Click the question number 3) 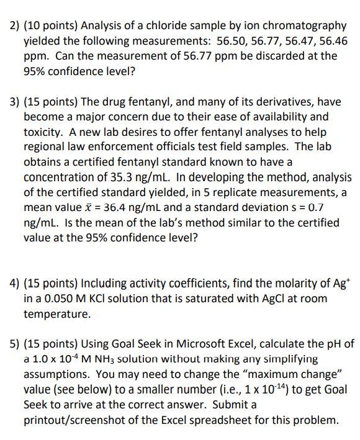(16, 101)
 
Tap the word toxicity (46, 132)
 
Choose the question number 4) (16, 284)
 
